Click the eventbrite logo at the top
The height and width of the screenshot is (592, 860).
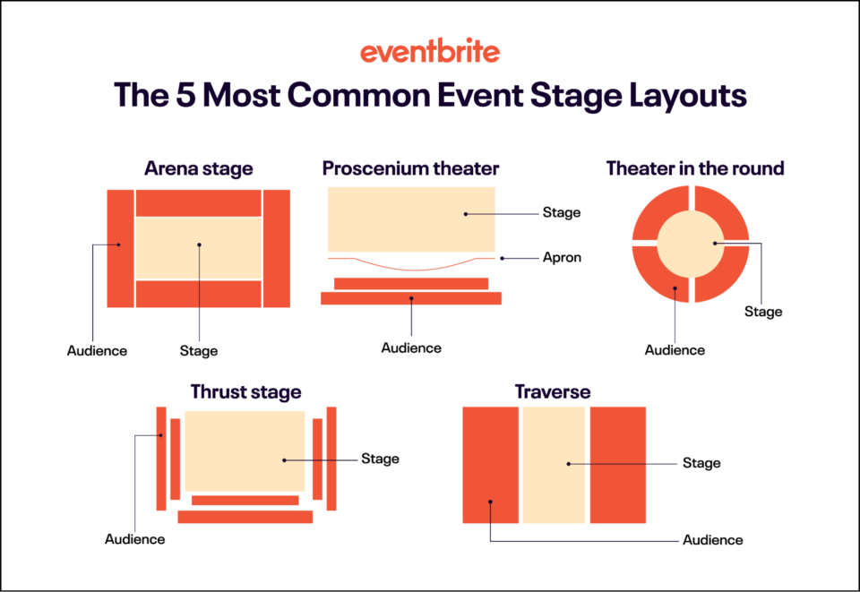[x=430, y=51]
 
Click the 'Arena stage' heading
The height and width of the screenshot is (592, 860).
[x=198, y=168]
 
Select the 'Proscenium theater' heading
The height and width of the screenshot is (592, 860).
[x=410, y=168]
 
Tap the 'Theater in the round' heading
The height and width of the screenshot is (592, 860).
[x=695, y=168]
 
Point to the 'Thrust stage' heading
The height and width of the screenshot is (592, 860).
[x=245, y=392]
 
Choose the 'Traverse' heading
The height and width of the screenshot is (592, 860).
[x=553, y=392]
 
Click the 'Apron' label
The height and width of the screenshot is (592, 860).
[x=562, y=258]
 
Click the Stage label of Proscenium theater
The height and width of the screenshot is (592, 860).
[x=562, y=213]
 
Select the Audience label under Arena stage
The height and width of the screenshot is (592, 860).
[x=97, y=351]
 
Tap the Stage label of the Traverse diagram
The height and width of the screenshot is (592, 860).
[x=701, y=463]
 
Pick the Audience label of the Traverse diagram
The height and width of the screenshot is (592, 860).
[x=712, y=540]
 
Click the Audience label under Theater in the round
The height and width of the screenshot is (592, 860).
[x=675, y=350]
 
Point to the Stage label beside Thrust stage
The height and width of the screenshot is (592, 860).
[x=380, y=459]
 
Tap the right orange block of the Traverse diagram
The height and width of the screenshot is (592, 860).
[x=617, y=465]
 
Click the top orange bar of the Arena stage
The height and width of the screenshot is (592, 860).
[x=198, y=203]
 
